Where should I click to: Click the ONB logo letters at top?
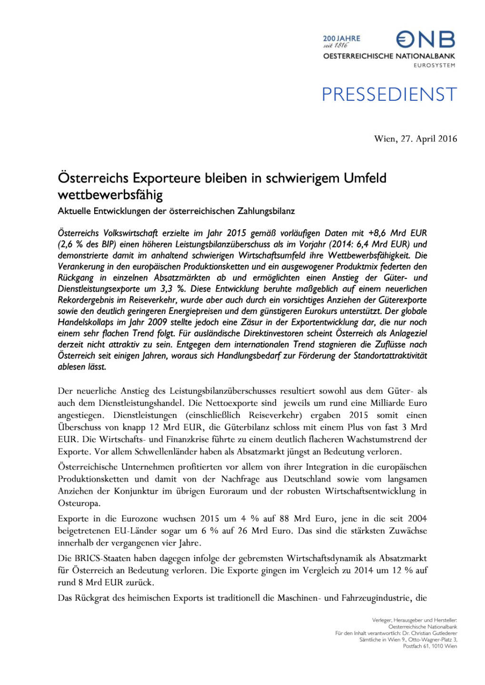[x=426, y=39]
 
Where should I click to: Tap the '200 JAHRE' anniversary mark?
[x=342, y=39]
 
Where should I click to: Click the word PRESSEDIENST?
[x=389, y=95]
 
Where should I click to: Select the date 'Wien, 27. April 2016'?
[x=416, y=139]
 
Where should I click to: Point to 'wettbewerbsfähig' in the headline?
[x=110, y=195]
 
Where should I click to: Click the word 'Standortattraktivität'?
[x=390, y=356]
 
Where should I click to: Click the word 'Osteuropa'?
[x=79, y=503]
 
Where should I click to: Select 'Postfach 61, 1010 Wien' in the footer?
[x=430, y=646]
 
